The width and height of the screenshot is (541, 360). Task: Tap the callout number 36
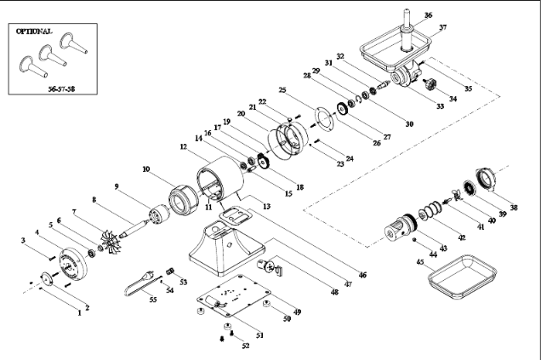pos(428,14)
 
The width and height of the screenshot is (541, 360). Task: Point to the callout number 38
pos(513,206)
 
